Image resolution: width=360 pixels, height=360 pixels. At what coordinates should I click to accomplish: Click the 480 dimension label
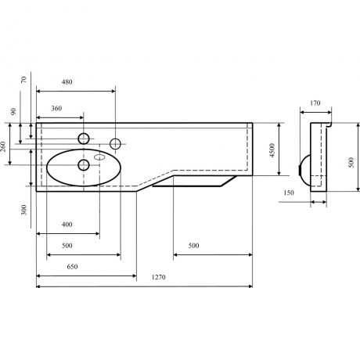pyautogui.click(x=67, y=82)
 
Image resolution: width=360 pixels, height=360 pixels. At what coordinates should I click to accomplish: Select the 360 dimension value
pyautogui.click(x=56, y=108)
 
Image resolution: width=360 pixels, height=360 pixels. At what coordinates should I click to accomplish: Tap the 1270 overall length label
pyautogui.click(x=159, y=277)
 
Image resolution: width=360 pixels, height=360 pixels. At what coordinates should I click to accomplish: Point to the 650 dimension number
pyautogui.click(x=72, y=267)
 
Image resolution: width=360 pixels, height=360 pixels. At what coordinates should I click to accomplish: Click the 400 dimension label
pyautogui.click(x=67, y=225)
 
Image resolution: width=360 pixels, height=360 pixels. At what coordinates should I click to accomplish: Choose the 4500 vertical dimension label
pyautogui.click(x=272, y=150)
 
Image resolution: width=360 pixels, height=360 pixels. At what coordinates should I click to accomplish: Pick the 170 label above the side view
pyautogui.click(x=315, y=103)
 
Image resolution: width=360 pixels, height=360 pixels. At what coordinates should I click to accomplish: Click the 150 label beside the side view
pyautogui.click(x=289, y=193)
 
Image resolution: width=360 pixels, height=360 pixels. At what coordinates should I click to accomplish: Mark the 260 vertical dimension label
pyautogui.click(x=3, y=146)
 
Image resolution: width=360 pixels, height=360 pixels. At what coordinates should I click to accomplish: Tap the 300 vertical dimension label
pyautogui.click(x=23, y=210)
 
